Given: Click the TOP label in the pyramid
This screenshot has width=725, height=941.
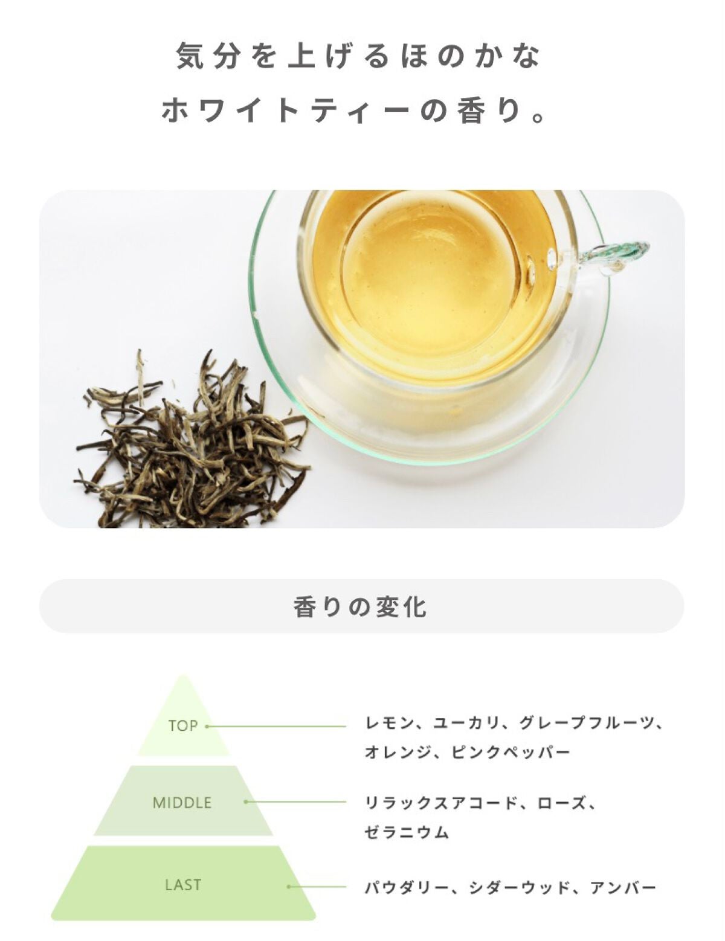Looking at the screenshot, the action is coord(183,726).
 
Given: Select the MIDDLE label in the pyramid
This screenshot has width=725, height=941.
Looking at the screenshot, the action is coord(182,803).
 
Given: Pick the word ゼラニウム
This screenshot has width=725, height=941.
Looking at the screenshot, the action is coord(406,832).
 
